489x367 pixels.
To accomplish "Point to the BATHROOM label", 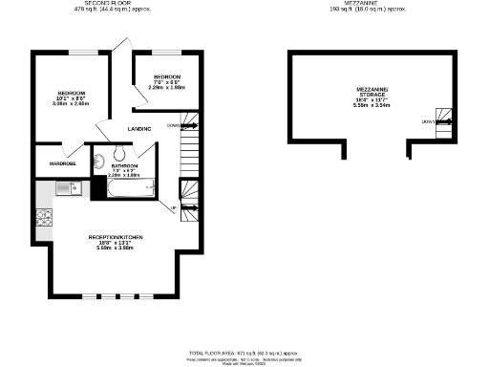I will [124, 164].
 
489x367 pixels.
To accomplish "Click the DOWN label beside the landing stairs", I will [172, 125].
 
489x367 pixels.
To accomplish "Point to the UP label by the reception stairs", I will [174, 208].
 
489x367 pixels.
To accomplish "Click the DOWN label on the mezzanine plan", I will [425, 122].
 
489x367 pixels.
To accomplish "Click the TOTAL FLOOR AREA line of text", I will [245, 354].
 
